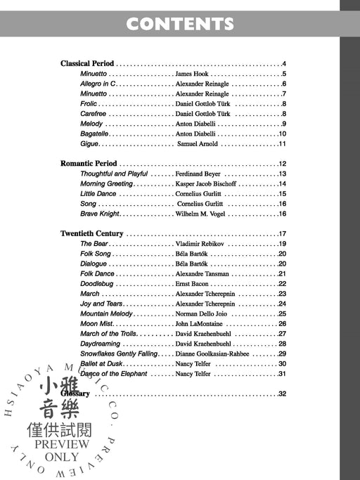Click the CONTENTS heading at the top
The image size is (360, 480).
coord(179,25)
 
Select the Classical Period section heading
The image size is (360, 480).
coord(87,64)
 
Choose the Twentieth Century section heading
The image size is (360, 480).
coord(92,234)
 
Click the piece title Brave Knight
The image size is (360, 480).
coord(101,214)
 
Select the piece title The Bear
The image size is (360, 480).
coord(94,244)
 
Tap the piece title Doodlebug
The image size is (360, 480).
coord(97,284)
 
